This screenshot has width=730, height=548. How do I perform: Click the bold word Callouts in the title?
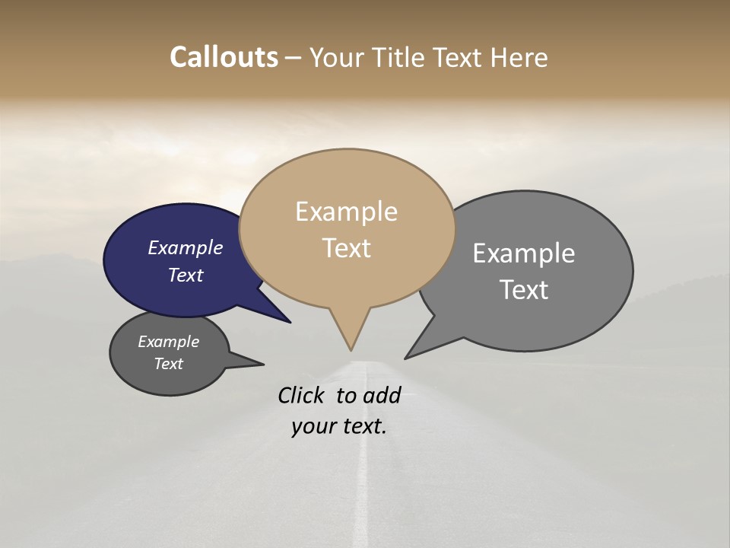224,57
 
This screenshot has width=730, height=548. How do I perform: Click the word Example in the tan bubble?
346,212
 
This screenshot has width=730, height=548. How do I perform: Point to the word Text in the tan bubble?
346,247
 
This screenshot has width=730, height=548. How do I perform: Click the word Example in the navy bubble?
185,247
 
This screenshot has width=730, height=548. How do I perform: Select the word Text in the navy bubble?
185,275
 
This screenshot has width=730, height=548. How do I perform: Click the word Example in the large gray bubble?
523,253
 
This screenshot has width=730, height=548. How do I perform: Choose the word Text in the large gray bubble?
523,289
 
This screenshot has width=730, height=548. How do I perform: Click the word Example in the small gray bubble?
168,342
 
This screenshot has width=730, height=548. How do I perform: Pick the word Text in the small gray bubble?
168,364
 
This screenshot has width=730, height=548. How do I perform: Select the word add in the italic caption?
382,395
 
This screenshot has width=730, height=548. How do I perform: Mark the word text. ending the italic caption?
363,426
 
